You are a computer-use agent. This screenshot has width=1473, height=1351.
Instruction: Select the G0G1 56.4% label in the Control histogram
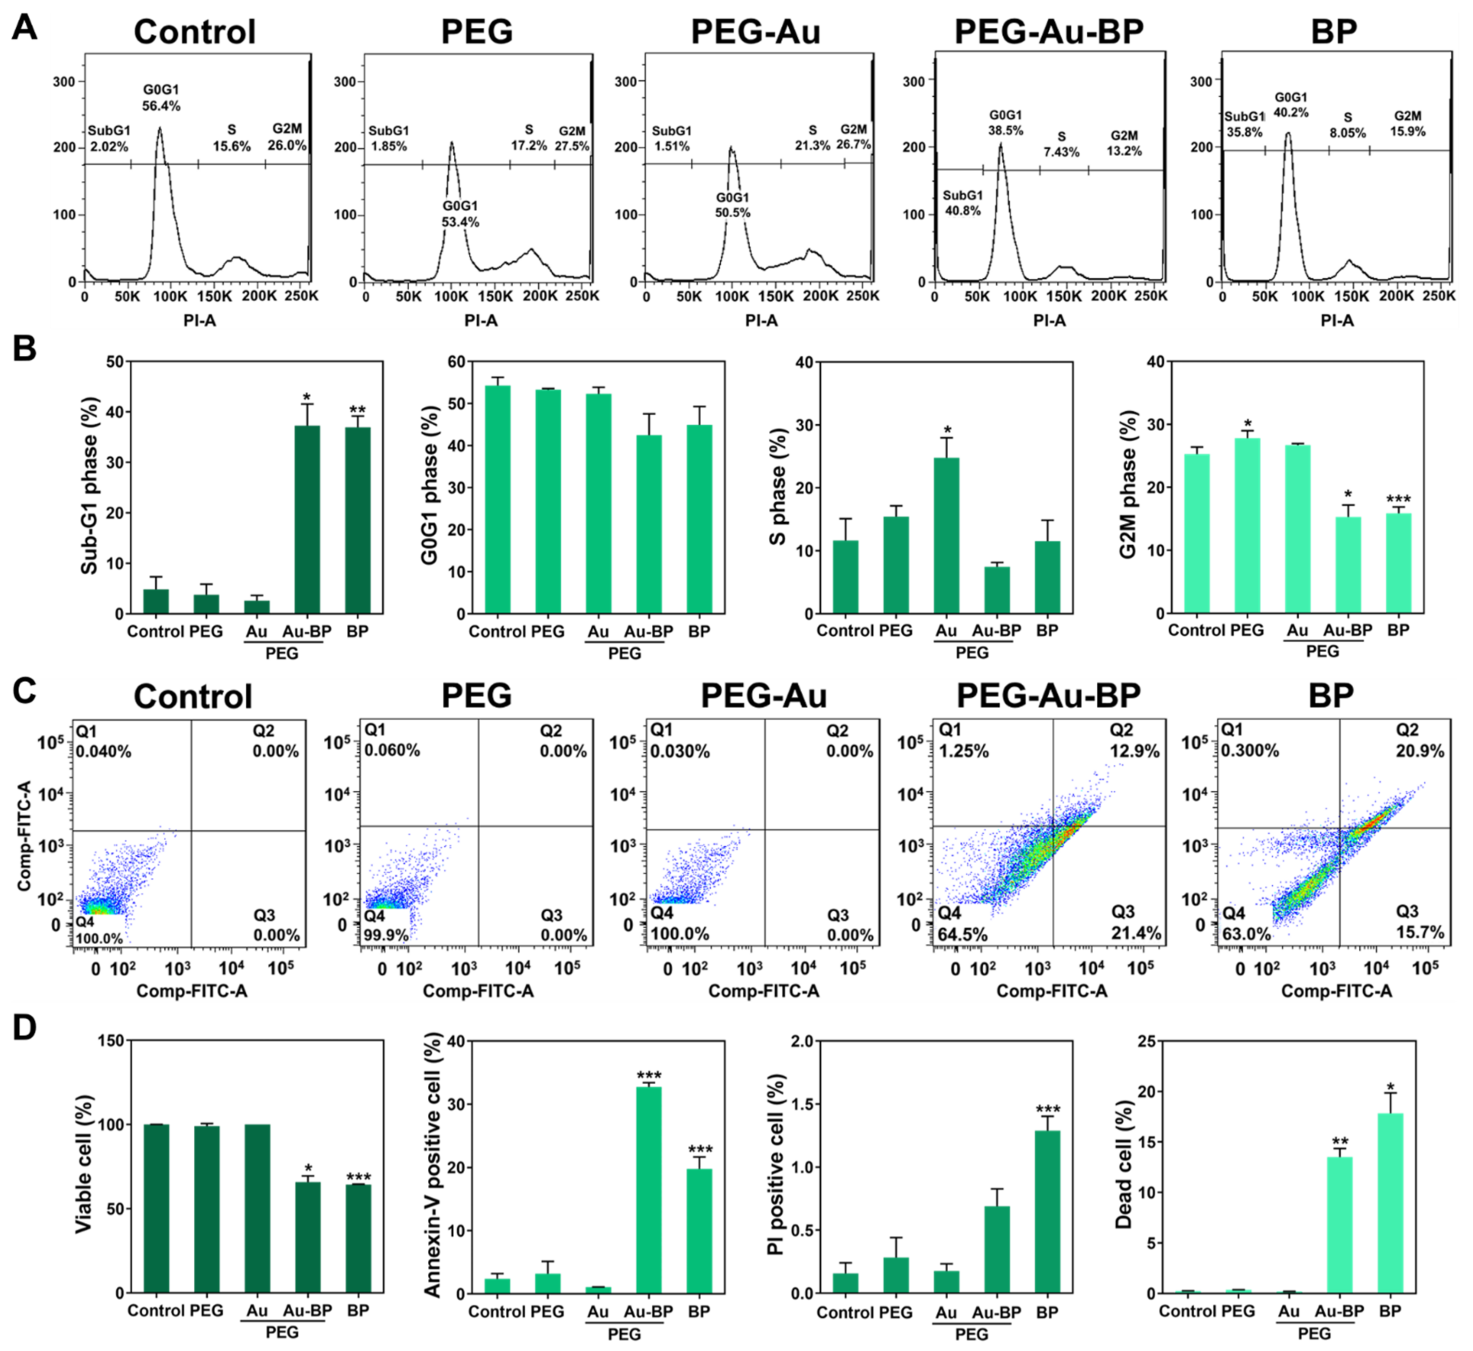[161, 97]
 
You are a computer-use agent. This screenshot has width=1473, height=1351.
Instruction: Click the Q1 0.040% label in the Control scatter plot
[103, 740]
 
